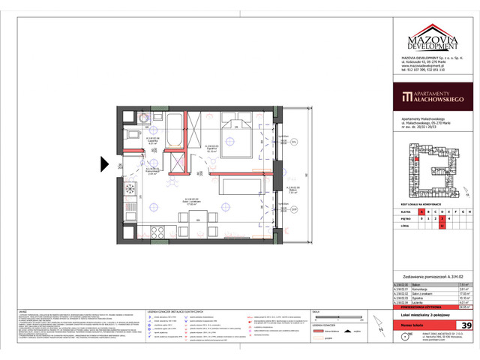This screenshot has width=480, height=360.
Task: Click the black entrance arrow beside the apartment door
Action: [106, 163]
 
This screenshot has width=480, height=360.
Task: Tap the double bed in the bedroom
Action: [236, 133]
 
